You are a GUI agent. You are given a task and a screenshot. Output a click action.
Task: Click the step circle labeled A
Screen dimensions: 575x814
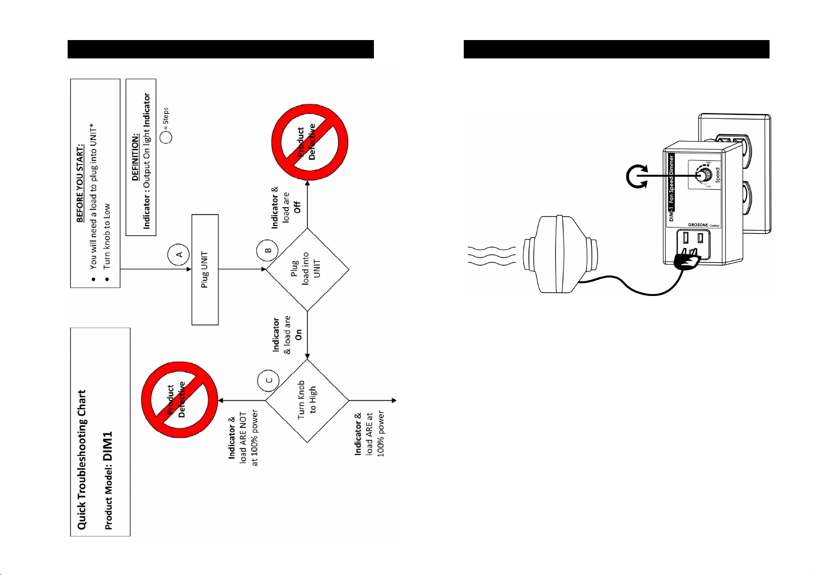179,254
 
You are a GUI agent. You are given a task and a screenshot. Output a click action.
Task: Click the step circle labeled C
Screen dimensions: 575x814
270,380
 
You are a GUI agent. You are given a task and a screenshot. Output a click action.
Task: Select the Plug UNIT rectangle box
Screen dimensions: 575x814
205,269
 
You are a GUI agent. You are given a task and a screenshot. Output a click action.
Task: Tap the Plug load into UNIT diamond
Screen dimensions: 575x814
307,269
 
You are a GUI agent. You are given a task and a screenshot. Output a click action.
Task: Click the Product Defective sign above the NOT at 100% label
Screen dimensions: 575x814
179,400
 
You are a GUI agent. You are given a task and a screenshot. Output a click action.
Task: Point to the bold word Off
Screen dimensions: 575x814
298,207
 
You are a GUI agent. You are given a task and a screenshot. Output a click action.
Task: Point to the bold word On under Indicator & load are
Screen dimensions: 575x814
298,335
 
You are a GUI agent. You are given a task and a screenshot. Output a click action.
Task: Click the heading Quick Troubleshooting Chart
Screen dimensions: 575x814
82,459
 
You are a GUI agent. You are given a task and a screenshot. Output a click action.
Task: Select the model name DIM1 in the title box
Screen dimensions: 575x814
108,445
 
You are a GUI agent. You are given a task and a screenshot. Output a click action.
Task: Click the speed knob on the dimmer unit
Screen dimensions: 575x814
704,175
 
